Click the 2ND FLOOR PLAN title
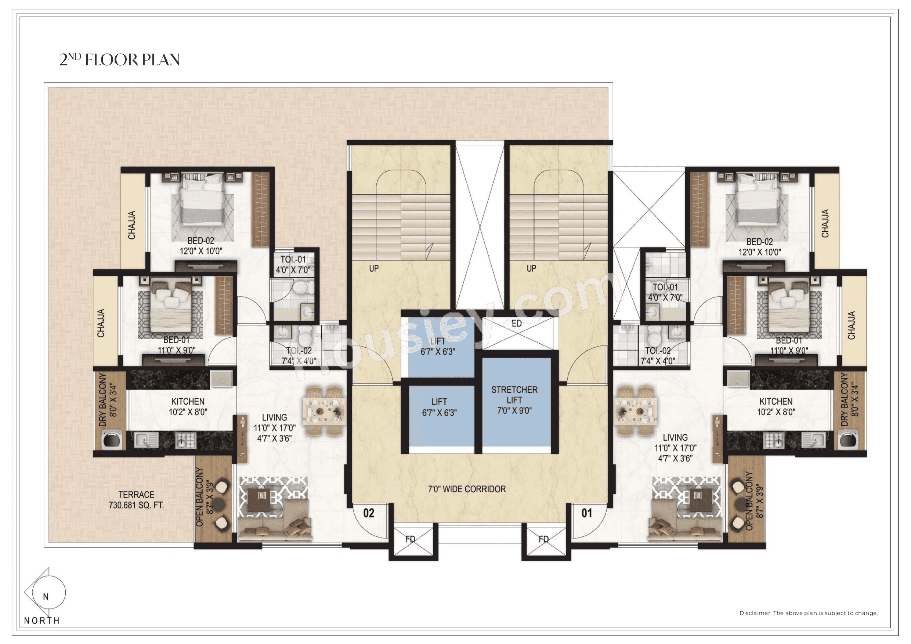(x=119, y=59)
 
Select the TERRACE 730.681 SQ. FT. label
(x=136, y=500)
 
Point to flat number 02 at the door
(x=369, y=513)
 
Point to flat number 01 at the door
(x=586, y=513)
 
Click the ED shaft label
(x=516, y=323)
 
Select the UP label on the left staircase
(x=374, y=269)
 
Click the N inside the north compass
(x=46, y=597)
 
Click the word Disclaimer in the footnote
(x=755, y=613)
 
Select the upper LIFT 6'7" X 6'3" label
(x=438, y=346)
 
